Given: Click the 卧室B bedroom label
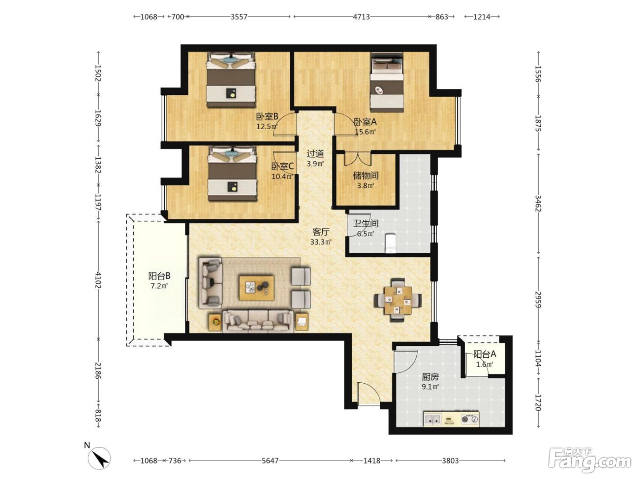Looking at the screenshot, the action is tap(267, 117).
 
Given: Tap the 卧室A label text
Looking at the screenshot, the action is tap(365, 121).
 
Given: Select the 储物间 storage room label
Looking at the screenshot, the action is tap(366, 175).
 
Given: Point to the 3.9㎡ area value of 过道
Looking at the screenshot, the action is tap(315, 164).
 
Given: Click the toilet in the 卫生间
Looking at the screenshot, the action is tap(391, 243).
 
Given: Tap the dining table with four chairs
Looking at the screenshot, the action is tap(398, 300).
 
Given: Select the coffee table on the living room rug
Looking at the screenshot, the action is tap(256, 288).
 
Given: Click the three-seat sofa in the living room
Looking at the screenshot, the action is tap(257, 321).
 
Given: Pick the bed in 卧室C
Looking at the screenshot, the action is tap(233, 174).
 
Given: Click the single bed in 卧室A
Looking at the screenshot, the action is tap(387, 82).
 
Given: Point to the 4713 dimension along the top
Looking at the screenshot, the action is tap(361, 17).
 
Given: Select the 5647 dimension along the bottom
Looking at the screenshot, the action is tap(270, 461).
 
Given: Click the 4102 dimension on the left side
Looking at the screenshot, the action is tap(98, 280).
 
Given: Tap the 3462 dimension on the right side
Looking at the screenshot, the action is tap(538, 203).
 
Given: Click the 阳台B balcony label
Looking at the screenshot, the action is tap(159, 276).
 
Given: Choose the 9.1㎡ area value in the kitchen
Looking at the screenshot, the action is tap(430, 386).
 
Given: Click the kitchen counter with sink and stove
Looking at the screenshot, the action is tap(451, 419).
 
